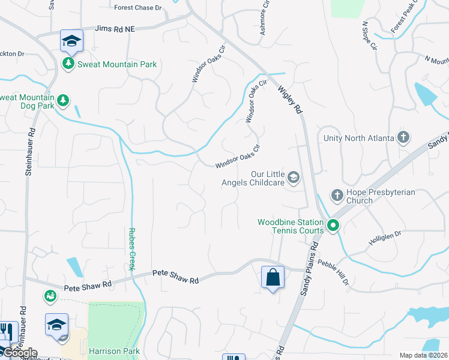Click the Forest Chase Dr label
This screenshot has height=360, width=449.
138,8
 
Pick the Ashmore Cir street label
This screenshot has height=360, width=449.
263,21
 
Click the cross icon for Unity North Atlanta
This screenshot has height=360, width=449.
403,138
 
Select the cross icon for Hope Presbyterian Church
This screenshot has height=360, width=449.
337,195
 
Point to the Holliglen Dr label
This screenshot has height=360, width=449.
384,239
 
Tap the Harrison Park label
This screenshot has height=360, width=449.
114,351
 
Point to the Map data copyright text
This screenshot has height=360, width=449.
423,355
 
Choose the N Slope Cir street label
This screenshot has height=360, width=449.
369,36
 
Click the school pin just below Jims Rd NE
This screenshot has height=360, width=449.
71,41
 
